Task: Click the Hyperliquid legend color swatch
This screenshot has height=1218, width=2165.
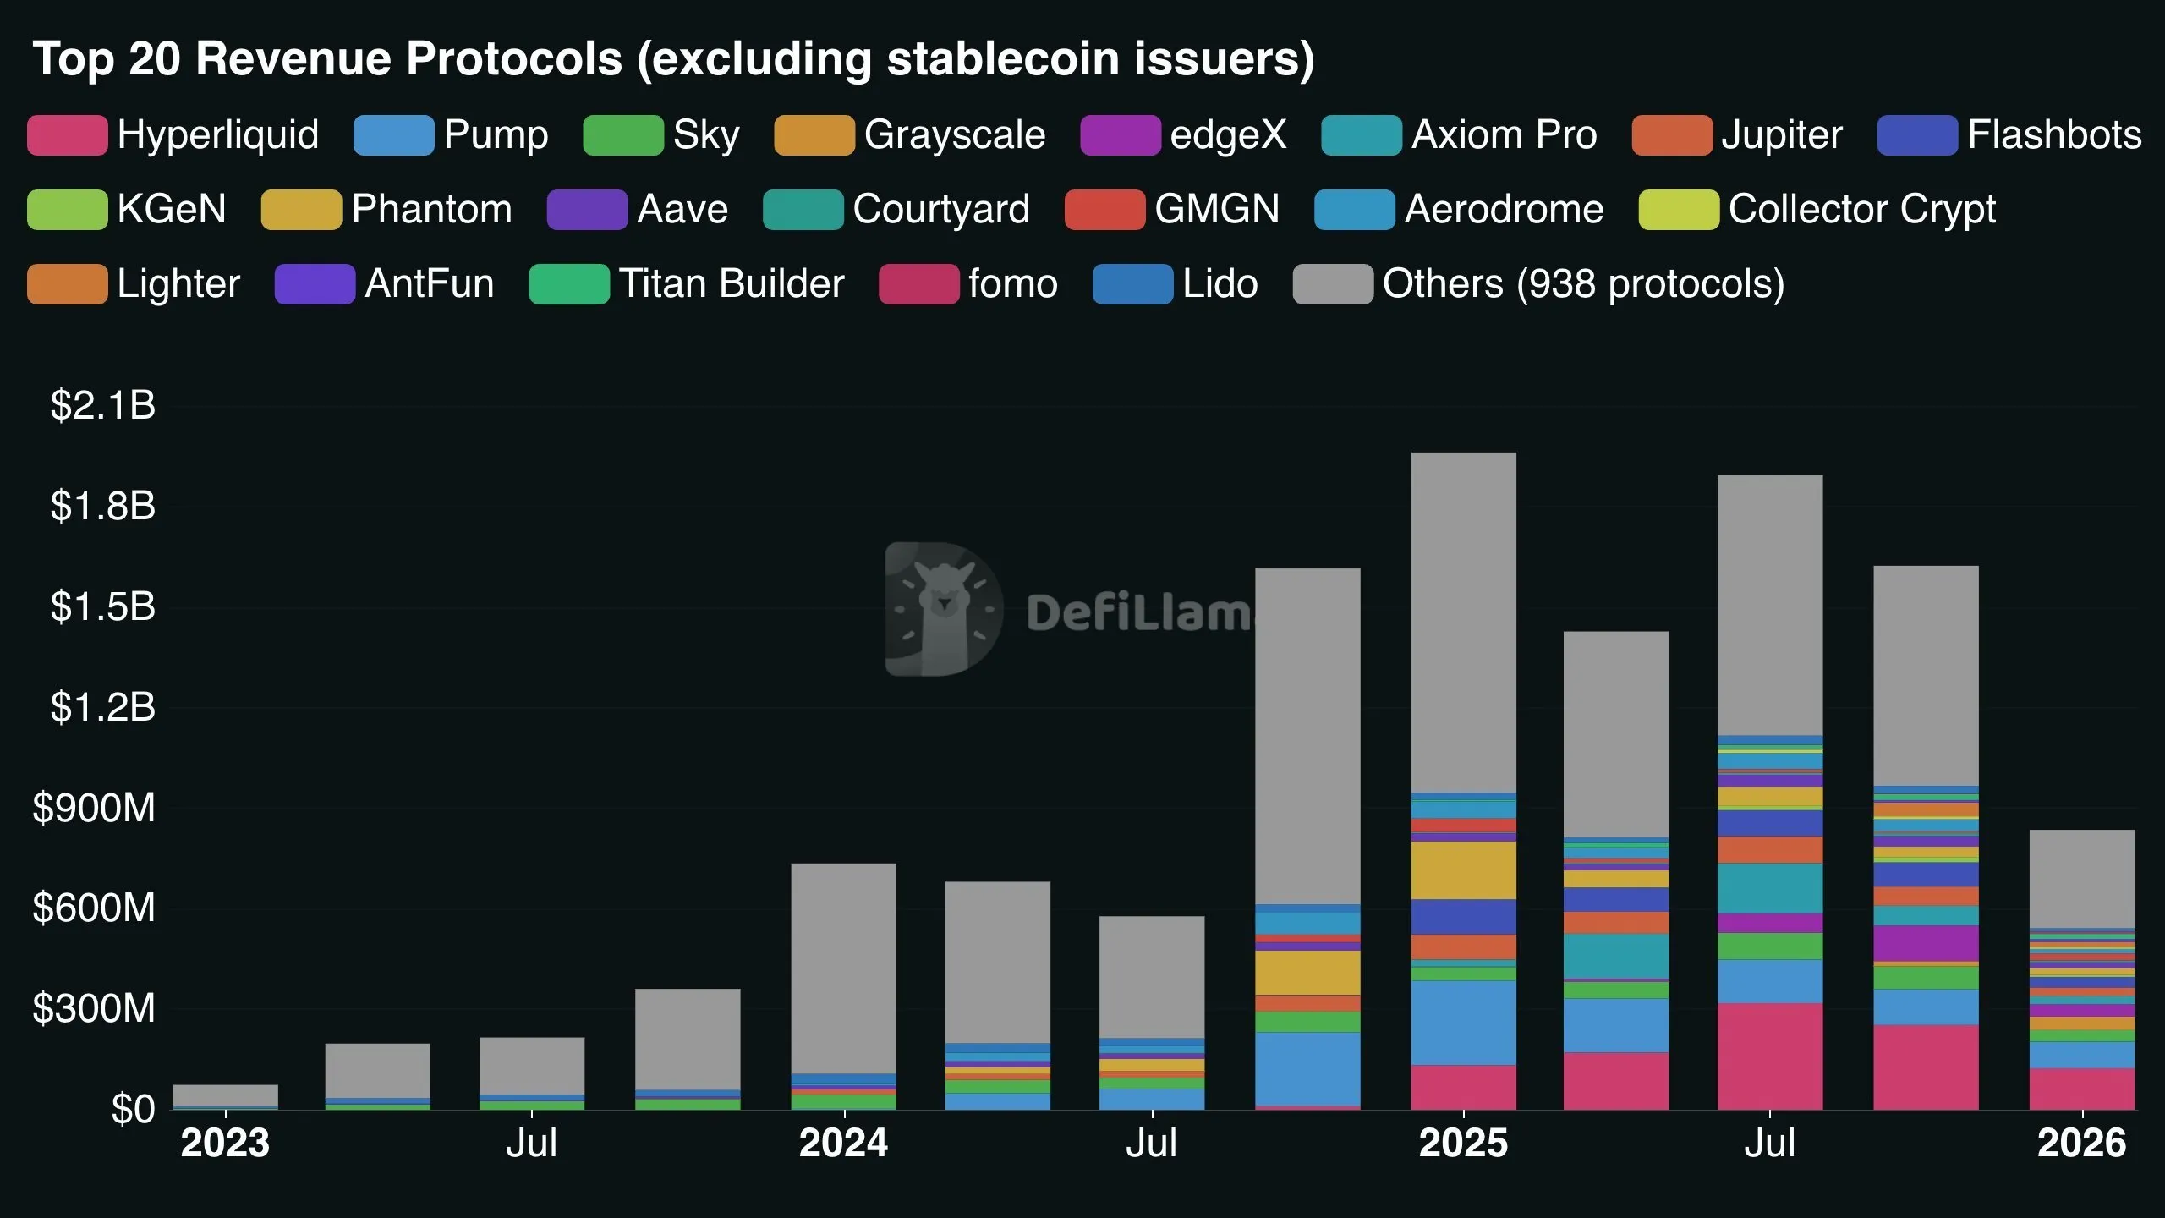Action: click(67, 135)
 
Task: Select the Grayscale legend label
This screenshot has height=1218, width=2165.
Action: click(954, 135)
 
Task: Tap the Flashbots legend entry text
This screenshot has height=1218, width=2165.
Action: click(2054, 135)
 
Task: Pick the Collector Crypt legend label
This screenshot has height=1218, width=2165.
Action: click(1861, 210)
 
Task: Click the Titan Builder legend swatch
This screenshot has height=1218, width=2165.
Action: click(568, 284)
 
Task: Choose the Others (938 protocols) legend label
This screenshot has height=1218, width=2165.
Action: click(1583, 284)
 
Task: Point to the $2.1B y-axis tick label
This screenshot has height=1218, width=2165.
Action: click(103, 406)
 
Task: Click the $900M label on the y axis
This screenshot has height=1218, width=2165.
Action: click(94, 809)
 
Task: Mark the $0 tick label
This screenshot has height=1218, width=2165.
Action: click(133, 1109)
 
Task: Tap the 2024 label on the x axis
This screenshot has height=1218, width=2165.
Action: click(843, 1144)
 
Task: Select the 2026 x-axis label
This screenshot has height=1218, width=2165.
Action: click(2081, 1144)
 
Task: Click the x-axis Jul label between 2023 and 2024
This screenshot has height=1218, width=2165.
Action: click(531, 1144)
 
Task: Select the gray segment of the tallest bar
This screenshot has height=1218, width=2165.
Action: click(1463, 622)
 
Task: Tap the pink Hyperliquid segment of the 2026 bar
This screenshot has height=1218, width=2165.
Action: click(2081, 1089)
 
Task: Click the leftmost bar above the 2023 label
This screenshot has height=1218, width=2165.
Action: click(225, 1096)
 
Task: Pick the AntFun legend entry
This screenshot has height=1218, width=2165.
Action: click(429, 284)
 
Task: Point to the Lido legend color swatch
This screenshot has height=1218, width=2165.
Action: click(1132, 284)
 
